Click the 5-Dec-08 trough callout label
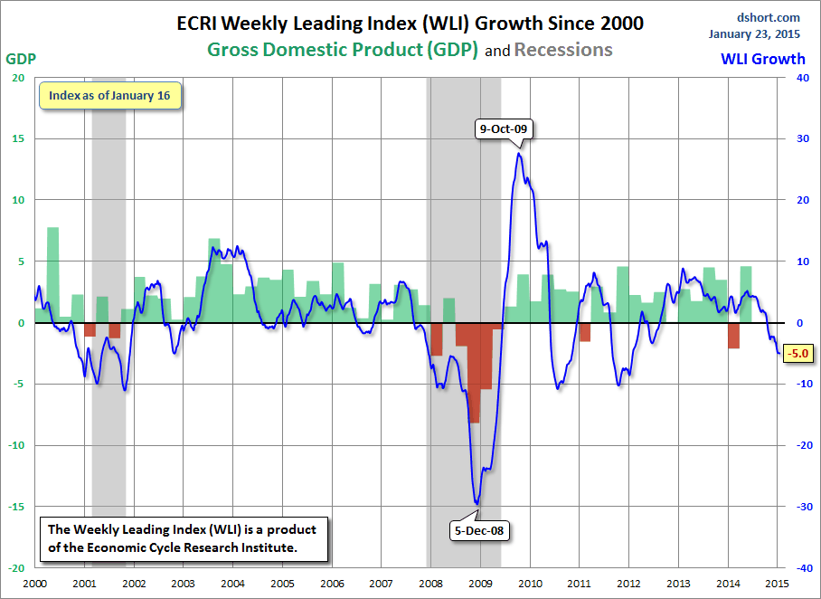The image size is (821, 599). click(x=478, y=531)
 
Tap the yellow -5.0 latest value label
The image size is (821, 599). click(x=798, y=353)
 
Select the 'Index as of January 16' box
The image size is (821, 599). click(x=109, y=95)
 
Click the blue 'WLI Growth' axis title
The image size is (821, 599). click(x=762, y=59)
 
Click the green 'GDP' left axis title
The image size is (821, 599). click(x=21, y=59)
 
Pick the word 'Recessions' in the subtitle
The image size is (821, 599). click(x=563, y=50)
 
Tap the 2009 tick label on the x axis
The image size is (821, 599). click(x=479, y=584)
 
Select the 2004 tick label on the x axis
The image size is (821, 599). click(x=232, y=584)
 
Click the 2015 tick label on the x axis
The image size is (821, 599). click(x=776, y=584)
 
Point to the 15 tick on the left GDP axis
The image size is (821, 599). click(x=18, y=138)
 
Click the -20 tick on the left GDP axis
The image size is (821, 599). click(x=16, y=568)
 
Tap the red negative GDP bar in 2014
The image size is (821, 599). click(x=733, y=336)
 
